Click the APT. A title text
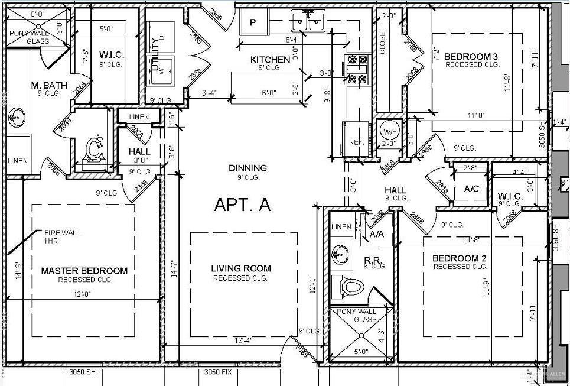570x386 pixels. click(x=242, y=205)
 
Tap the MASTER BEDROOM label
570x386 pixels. click(x=84, y=271)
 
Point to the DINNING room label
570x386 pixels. click(x=248, y=168)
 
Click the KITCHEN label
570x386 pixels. click(x=270, y=60)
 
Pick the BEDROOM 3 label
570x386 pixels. click(x=471, y=57)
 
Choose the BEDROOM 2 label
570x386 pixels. click(x=459, y=258)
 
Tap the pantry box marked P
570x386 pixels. click(x=253, y=23)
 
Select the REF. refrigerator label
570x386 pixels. click(x=356, y=142)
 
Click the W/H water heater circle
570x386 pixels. click(x=389, y=131)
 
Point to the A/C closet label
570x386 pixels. click(x=471, y=189)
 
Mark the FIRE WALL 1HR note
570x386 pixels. click(x=61, y=237)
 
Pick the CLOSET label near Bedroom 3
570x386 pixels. click(x=383, y=42)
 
